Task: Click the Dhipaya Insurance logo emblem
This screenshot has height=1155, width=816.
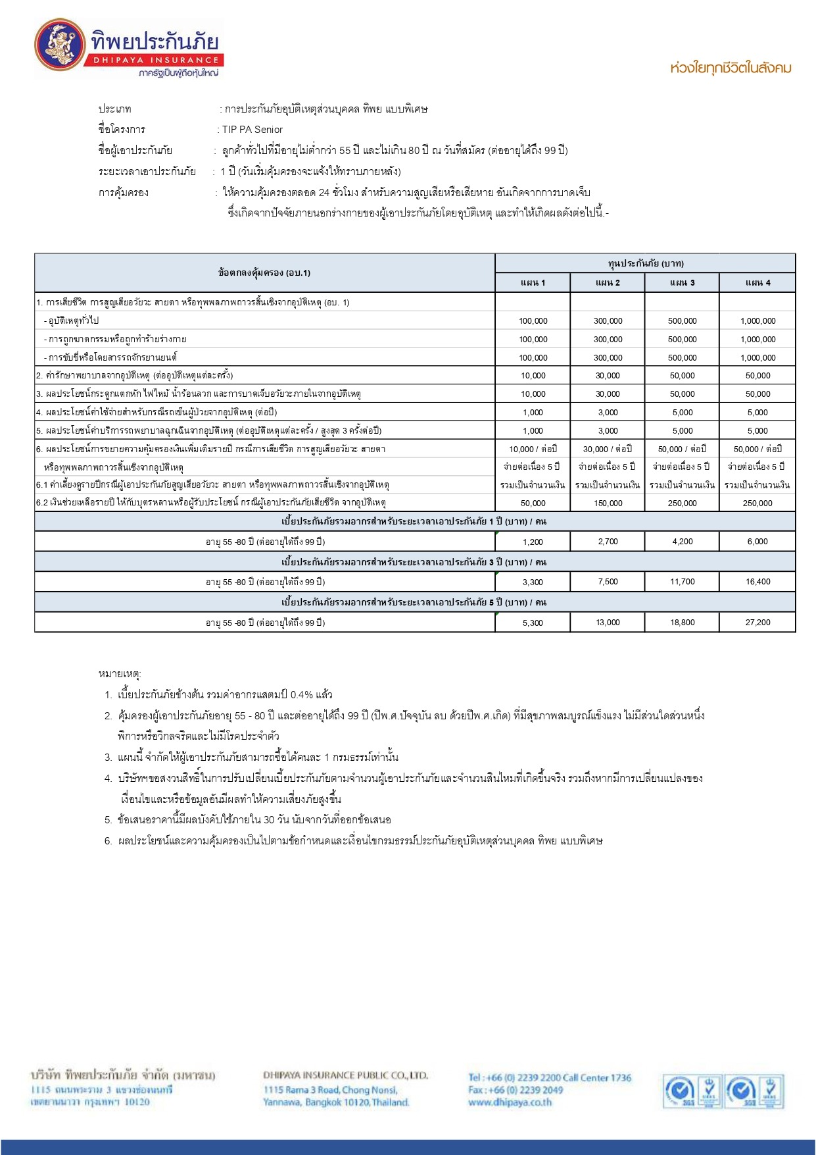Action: tap(59, 45)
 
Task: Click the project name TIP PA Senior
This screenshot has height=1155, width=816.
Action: tap(252, 130)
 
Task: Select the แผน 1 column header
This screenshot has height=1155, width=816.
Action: tap(533, 282)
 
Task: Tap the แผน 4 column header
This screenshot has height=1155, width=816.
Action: tap(757, 282)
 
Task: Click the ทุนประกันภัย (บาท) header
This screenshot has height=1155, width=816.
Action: tap(645, 263)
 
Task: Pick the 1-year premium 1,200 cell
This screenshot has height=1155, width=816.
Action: tap(533, 542)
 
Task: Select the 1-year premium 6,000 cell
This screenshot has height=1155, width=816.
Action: tap(757, 542)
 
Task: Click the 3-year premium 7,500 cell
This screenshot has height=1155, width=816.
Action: tap(608, 582)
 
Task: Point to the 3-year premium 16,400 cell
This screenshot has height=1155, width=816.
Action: tap(757, 582)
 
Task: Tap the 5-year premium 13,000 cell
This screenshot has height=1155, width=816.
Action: tap(608, 623)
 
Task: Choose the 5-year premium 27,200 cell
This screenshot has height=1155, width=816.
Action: tap(757, 623)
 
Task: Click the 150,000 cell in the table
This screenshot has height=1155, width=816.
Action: tap(608, 503)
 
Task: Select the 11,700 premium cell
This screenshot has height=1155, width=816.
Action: tap(683, 582)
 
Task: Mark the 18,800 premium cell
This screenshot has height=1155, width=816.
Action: tap(683, 623)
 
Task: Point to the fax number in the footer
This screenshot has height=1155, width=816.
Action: tap(516, 1090)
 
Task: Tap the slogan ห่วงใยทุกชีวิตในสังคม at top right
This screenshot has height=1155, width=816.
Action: tap(731, 68)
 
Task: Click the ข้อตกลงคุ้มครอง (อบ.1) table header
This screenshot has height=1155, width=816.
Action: tap(264, 272)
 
